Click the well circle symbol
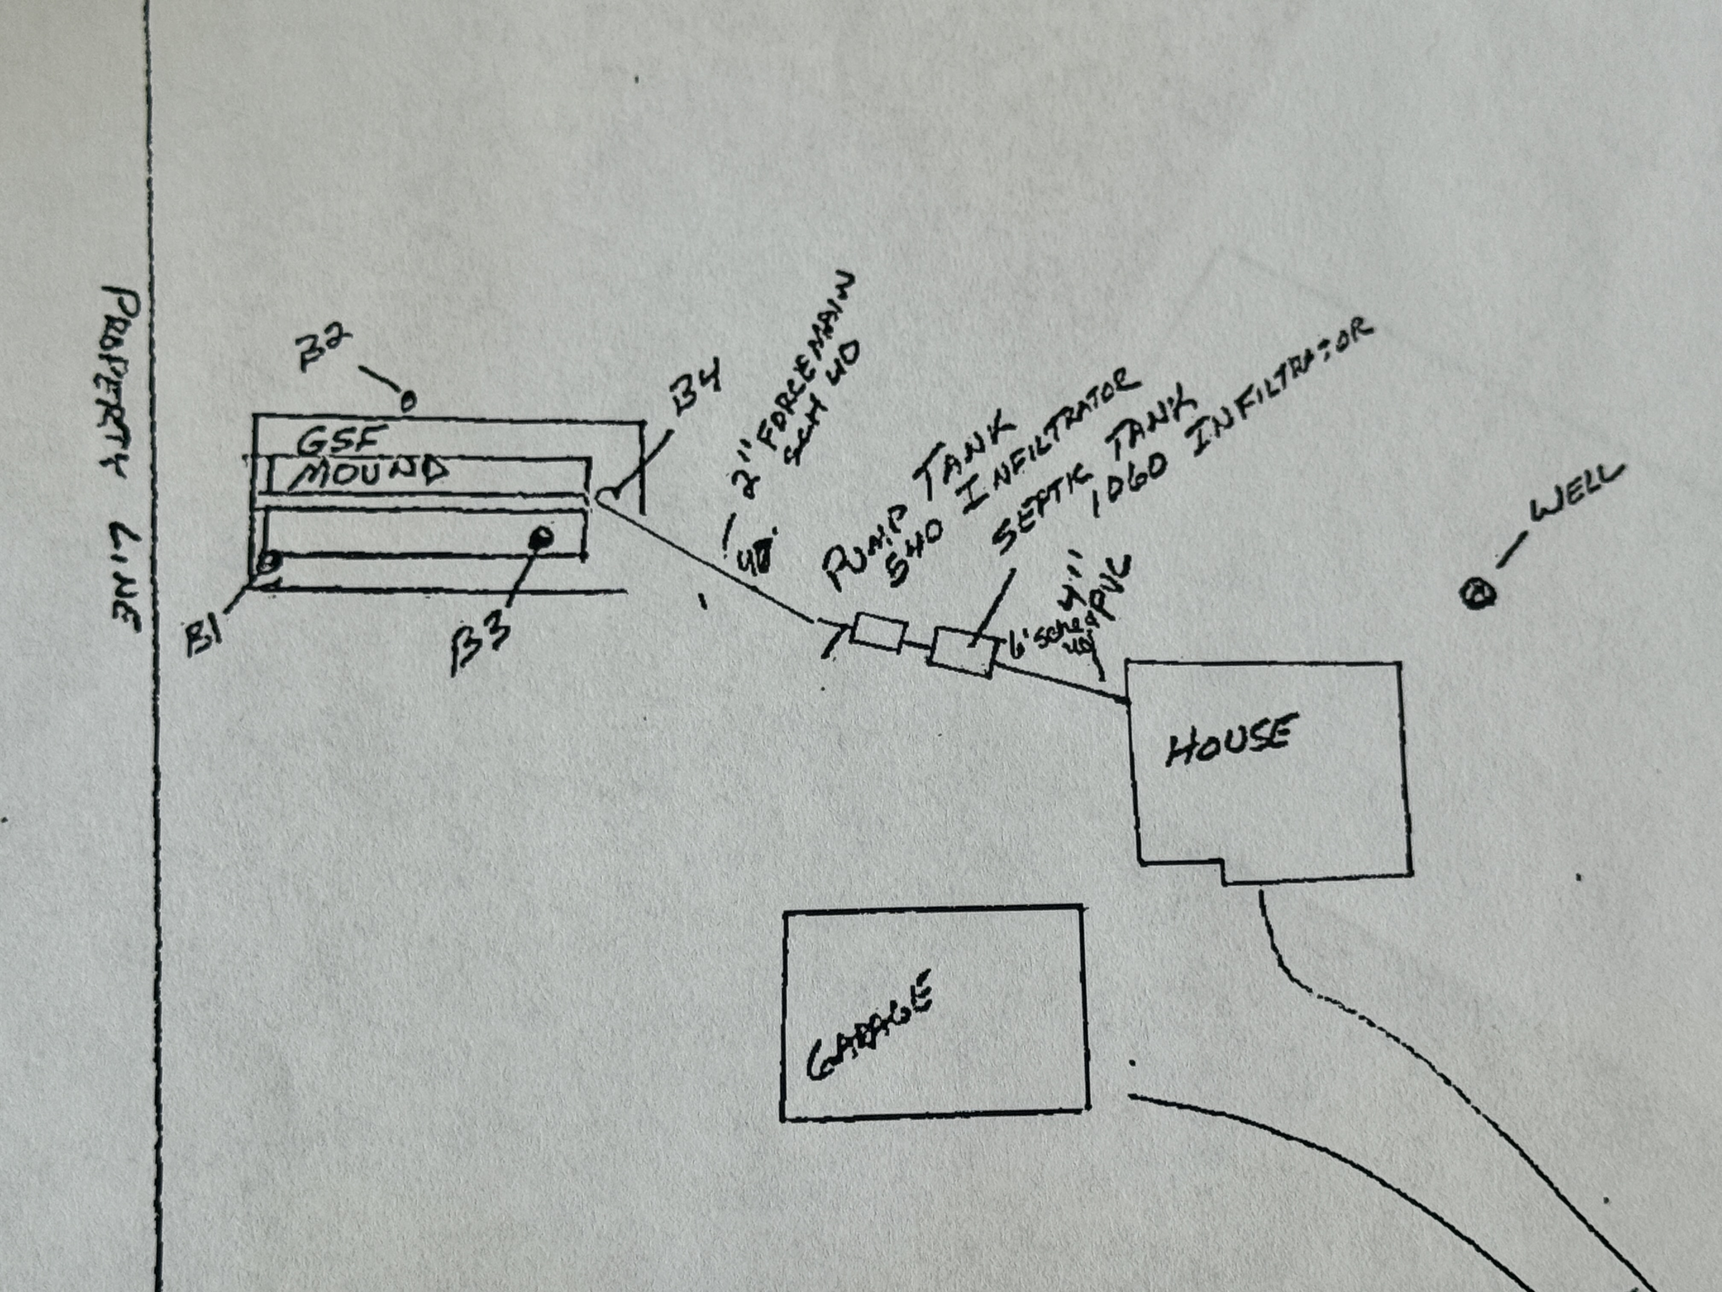[x=1477, y=596]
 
